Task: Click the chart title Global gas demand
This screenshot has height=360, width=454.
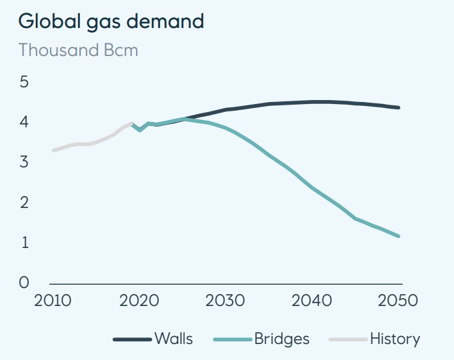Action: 111,21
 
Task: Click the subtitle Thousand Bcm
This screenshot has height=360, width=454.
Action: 78,50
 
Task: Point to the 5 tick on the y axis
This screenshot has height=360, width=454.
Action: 24,82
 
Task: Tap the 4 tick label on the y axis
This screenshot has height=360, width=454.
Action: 24,122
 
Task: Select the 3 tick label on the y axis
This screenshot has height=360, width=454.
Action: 24,162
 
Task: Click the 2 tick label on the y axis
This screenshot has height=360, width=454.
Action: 24,203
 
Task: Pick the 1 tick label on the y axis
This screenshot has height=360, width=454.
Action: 24,243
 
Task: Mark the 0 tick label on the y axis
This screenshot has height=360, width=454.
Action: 24,283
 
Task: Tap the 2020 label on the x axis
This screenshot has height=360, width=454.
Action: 139,300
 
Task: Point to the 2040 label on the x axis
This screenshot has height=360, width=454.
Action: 312,300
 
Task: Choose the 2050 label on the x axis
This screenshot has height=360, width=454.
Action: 399,300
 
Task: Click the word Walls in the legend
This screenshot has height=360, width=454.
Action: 173,339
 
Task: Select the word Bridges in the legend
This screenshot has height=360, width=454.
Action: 282,339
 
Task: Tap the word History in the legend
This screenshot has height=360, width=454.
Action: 395,339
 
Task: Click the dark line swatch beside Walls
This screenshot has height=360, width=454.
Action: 133,339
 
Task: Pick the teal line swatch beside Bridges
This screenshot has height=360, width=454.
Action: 233,339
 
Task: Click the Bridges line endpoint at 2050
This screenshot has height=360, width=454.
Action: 399,236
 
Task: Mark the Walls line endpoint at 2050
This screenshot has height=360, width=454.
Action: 399,107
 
